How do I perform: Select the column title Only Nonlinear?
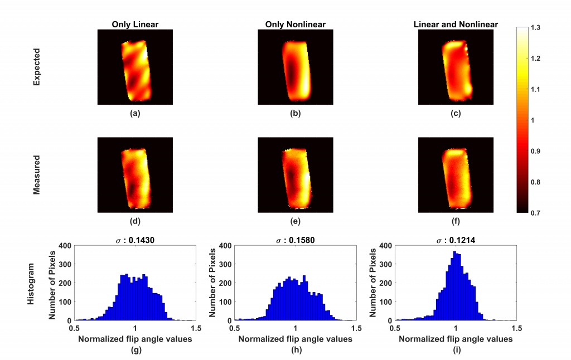(295, 24)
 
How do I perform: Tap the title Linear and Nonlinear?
(456, 24)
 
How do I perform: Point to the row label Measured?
(37, 175)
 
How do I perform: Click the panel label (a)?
(135, 114)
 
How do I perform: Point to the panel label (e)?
(295, 221)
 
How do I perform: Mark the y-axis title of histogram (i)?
(373, 283)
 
